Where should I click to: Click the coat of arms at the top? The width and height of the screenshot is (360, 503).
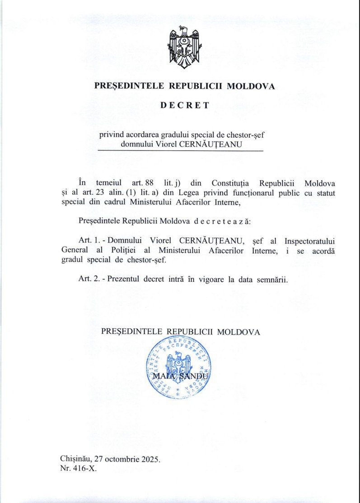click(184, 47)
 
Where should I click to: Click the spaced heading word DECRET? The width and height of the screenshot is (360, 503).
click(184, 105)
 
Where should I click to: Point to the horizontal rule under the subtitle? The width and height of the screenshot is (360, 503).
click(180, 151)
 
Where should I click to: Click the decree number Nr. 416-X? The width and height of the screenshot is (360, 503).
click(78, 469)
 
